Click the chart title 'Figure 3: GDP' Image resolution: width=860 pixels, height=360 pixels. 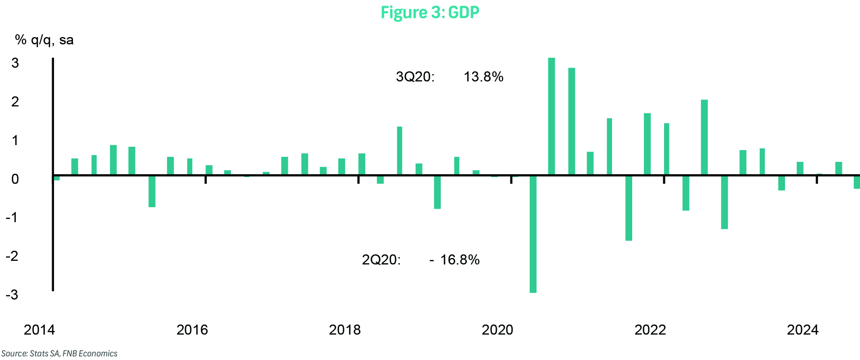tap(430, 12)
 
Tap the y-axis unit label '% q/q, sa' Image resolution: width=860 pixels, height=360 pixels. tap(44, 40)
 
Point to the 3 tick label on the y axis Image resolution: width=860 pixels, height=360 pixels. tap(15, 63)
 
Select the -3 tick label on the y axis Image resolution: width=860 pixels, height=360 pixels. tap(12, 295)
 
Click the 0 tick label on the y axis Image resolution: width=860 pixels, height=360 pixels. tap(15, 179)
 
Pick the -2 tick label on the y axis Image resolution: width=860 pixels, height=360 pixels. tap(12, 256)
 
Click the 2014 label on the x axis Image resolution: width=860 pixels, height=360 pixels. tap(39, 330)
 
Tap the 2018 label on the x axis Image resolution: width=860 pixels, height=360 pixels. tap(345, 330)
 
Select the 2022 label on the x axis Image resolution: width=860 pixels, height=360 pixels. tap(650, 330)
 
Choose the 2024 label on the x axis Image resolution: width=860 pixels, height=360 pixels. tap(803, 330)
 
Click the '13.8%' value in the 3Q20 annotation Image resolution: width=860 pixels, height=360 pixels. tap(483, 77)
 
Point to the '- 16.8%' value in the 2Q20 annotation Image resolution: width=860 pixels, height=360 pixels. tap(455, 260)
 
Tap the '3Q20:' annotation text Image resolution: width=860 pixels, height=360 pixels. tap(415, 77)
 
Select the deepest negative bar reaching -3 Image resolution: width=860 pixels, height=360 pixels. tap(533, 234)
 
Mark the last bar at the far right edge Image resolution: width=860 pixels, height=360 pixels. tap(857, 182)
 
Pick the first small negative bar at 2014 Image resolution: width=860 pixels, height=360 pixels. tap(57, 178)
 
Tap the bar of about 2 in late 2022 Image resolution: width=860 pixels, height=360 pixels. tap(704, 137)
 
